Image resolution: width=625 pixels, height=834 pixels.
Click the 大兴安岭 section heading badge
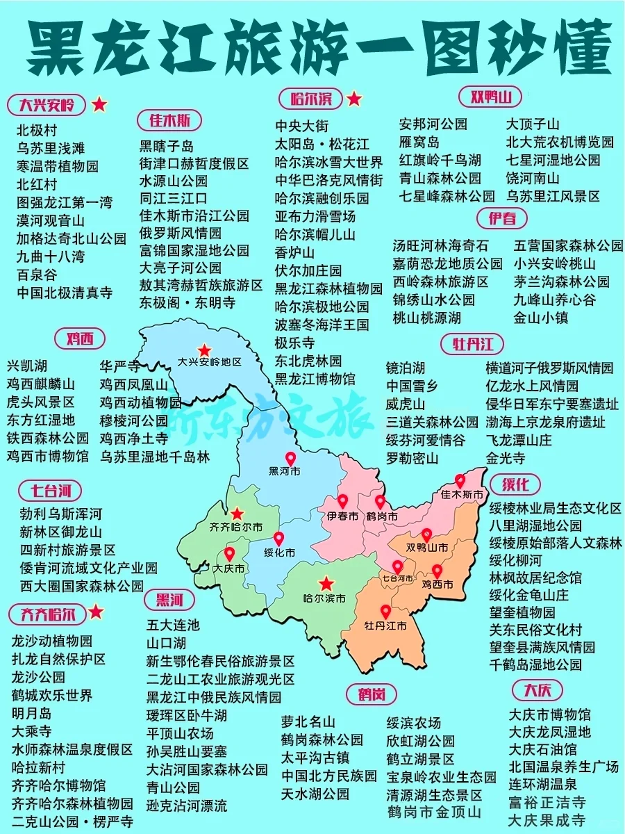point(47,105)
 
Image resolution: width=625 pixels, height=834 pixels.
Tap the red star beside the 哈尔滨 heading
point(354,99)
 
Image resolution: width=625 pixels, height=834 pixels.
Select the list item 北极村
point(37,130)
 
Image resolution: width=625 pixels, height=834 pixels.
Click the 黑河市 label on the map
point(285,471)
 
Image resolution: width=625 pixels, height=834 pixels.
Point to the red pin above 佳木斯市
point(460,481)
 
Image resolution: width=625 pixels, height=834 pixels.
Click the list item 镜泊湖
point(405,368)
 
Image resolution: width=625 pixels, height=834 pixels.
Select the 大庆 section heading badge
point(537,691)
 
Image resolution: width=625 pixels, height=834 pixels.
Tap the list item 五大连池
point(172,625)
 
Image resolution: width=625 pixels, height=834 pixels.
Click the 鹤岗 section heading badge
point(372,694)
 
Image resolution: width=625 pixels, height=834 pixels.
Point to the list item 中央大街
point(302,126)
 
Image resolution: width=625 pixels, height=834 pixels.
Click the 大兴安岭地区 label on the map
point(209,362)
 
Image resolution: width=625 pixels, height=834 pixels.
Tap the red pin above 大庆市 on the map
point(229,555)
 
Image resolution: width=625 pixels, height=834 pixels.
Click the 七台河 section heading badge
point(50,491)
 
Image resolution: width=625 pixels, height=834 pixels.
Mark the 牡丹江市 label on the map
point(385,625)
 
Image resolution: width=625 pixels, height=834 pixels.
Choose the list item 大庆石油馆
point(542,749)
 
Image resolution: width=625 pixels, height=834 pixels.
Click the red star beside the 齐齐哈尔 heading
point(97,612)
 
